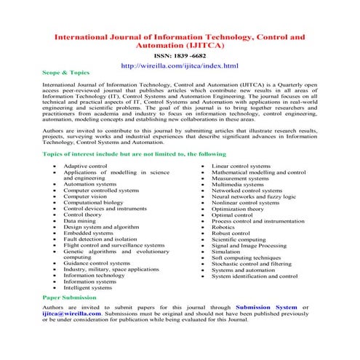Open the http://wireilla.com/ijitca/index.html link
coord(180,66)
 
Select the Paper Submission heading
coord(68,297)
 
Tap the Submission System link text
coord(266,308)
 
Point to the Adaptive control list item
coord(85,166)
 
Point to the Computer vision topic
coord(85,196)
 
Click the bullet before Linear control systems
coord(204,166)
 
